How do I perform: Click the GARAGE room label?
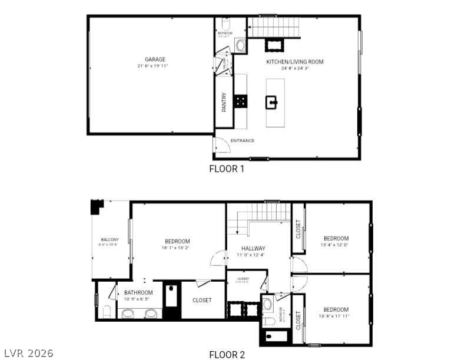155,59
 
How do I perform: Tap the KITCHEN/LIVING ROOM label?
294,62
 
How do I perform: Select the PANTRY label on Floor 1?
224,103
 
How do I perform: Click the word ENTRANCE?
243,141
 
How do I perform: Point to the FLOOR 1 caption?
226,169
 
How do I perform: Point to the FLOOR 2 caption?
227,354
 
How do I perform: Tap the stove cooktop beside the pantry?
241,101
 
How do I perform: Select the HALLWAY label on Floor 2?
251,248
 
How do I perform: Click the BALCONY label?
109,239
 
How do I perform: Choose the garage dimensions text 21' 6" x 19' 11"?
155,66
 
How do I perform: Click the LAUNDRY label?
243,279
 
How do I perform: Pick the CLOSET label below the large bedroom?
202,300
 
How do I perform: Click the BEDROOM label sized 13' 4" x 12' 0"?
336,238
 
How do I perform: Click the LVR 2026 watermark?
28,353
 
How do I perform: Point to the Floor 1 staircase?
273,27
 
